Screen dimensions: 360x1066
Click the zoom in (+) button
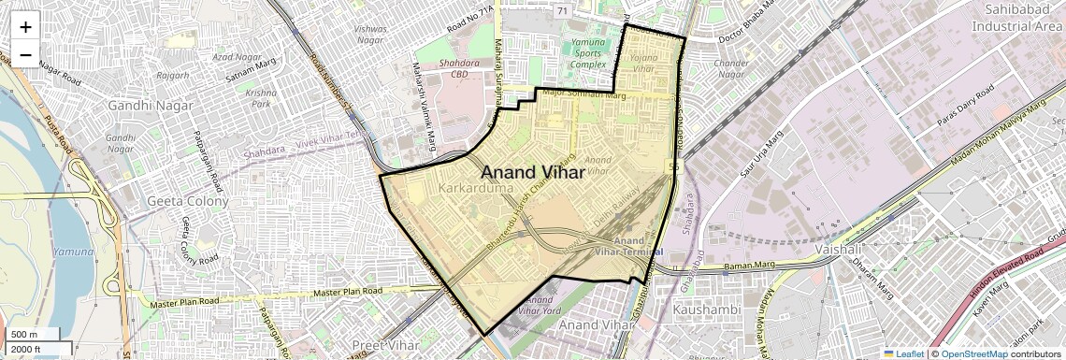pyautogui.click(x=25, y=27)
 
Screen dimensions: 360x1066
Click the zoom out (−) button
pyautogui.click(x=25, y=54)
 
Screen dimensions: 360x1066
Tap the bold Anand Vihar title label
pyautogui.click(x=532, y=173)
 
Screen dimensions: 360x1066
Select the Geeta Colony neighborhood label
pyautogui.click(x=188, y=201)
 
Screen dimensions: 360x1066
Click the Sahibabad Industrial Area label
pyautogui.click(x=1014, y=17)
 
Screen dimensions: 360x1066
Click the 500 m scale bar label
pyautogui.click(x=24, y=334)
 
